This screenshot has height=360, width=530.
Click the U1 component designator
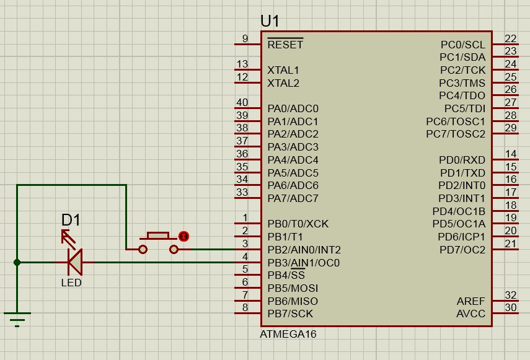[x=270, y=21]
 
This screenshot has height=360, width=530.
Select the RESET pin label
[x=285, y=45]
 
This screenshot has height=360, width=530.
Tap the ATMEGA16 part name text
[x=288, y=335]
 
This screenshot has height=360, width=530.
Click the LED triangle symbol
[x=75, y=262]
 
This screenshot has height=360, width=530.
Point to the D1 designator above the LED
[x=71, y=220]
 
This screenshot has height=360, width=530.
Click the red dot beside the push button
[x=183, y=236]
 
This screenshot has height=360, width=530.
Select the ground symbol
[x=17, y=319]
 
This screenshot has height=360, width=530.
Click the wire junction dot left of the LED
[x=17, y=262]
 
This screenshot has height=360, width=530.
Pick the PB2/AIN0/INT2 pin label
[x=304, y=250]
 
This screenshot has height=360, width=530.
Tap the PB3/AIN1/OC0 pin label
[x=304, y=263]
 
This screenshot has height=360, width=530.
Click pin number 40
[x=242, y=102]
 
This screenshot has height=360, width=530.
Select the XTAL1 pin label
[x=283, y=70]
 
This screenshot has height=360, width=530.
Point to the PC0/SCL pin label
[x=462, y=45]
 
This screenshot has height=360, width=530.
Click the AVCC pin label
[x=471, y=314]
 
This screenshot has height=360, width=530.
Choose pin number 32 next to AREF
[x=511, y=295]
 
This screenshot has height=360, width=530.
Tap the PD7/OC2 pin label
[x=462, y=250]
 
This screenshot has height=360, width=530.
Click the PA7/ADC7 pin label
[x=293, y=198]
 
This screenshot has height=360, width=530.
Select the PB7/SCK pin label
[x=290, y=314]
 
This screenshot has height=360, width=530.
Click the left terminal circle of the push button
[x=143, y=250]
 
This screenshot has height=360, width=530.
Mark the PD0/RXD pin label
[x=462, y=160]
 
